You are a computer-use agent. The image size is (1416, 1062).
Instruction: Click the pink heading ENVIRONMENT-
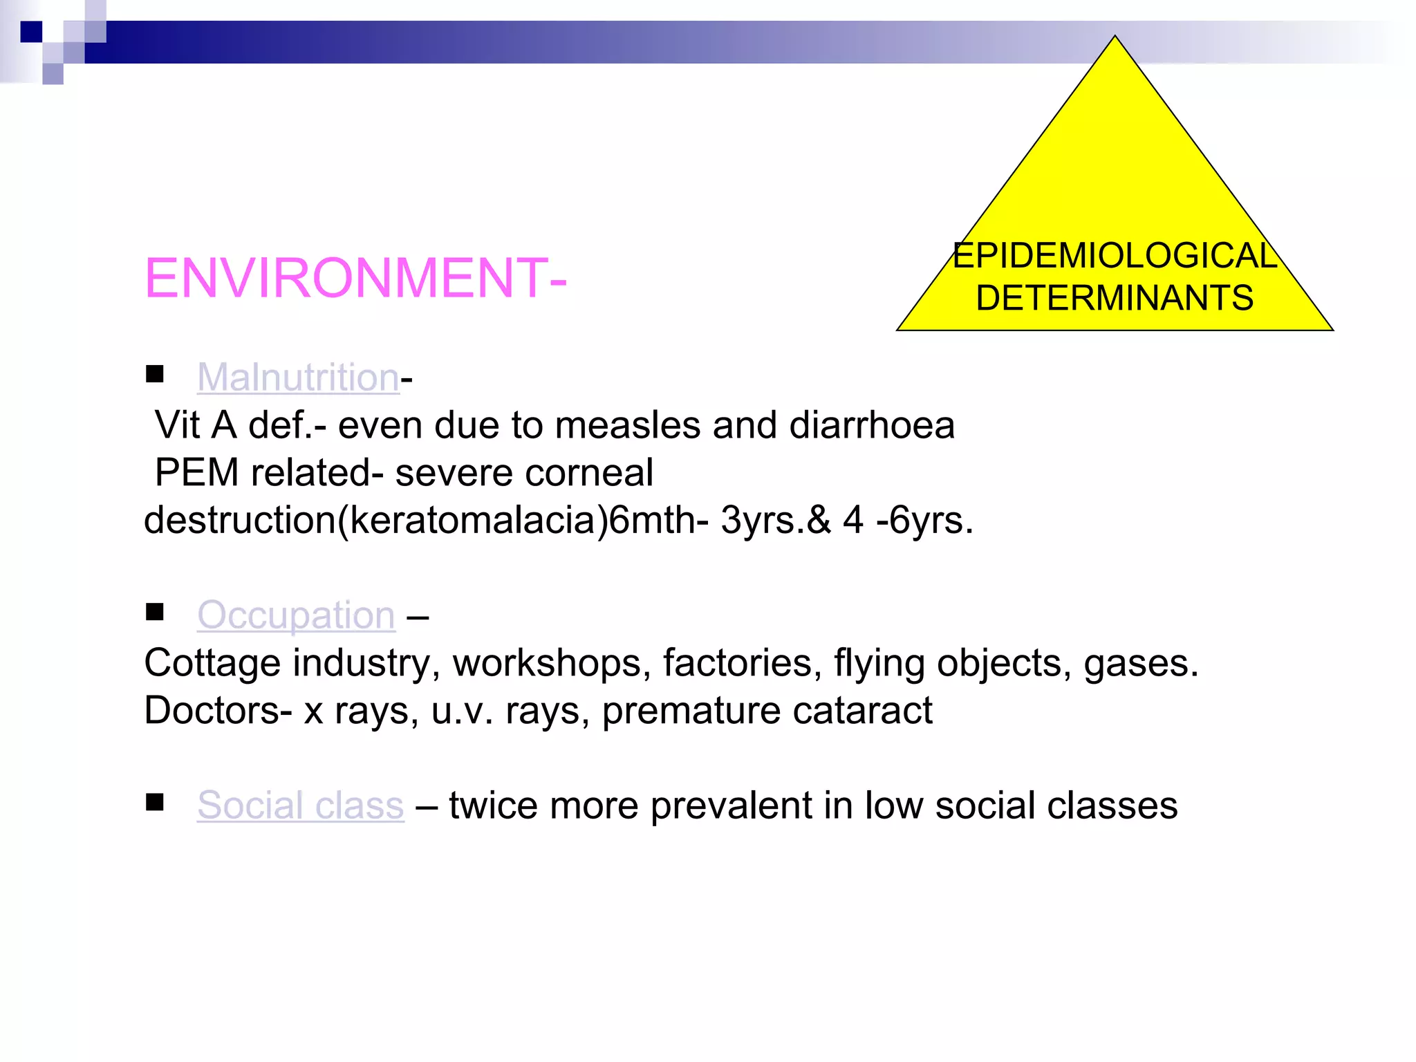coord(355,278)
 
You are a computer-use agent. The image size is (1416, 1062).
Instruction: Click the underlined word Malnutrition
coord(298,378)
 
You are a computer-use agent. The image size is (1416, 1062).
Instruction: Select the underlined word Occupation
coord(296,615)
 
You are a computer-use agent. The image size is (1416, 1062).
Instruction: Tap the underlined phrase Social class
coord(300,805)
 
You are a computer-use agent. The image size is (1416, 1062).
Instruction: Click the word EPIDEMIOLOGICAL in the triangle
coord(1115,256)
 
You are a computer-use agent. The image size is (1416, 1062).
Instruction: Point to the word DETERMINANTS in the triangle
coord(1115,299)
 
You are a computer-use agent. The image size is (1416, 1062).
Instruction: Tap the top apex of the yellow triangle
coord(1115,37)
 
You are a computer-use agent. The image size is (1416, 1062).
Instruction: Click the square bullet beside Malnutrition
coord(155,374)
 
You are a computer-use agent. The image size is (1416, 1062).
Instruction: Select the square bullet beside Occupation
coord(155,612)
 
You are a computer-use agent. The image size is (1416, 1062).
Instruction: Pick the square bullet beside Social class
coord(155,802)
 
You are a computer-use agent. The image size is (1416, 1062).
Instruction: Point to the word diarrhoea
coord(872,425)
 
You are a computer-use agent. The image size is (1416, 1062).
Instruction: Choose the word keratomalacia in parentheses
coord(473,520)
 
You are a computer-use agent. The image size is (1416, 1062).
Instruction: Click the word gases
coord(1141,663)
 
